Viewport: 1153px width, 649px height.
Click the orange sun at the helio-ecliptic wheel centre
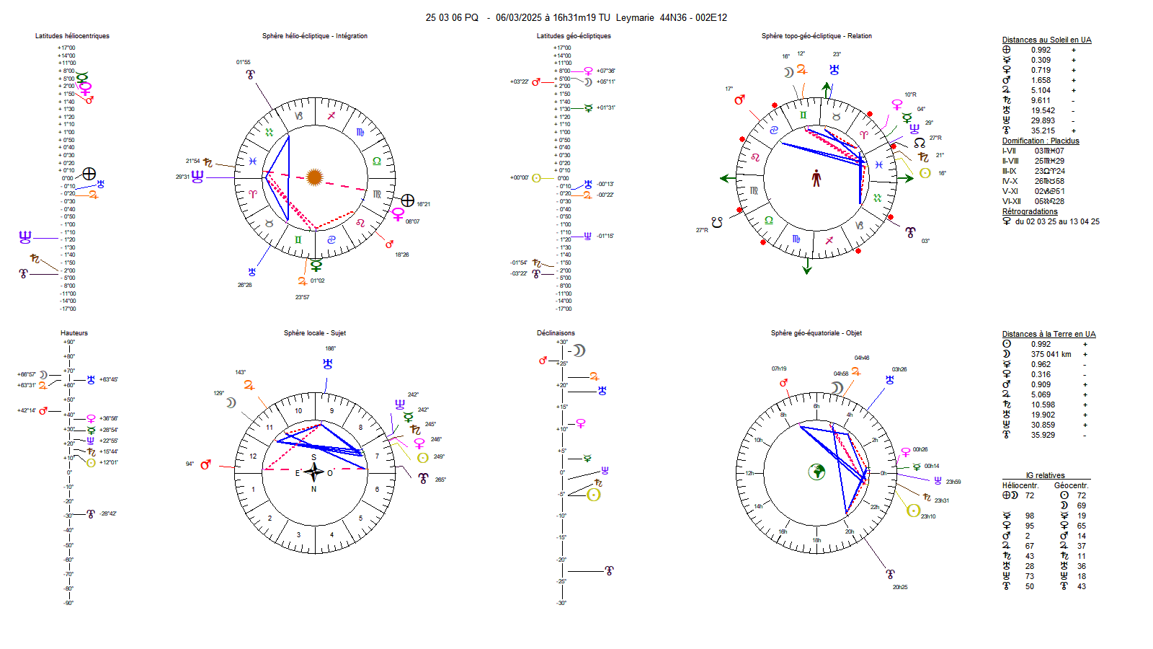pyautogui.click(x=314, y=177)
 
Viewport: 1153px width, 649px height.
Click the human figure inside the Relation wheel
pyautogui.click(x=816, y=178)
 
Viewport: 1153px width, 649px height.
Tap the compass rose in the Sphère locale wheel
pyautogui.click(x=313, y=472)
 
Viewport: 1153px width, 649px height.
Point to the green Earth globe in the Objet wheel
pyautogui.click(x=816, y=472)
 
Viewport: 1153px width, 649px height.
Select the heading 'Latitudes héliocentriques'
pyautogui.click(x=72, y=36)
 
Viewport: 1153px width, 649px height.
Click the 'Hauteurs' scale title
pyautogui.click(x=74, y=333)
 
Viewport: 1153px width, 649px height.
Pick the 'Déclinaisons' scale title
pyautogui.click(x=556, y=333)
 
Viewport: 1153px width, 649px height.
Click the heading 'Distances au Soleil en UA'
pyautogui.click(x=1046, y=40)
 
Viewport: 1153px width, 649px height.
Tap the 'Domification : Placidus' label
pyautogui.click(x=1041, y=141)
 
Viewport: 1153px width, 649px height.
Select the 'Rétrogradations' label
pyautogui.click(x=1030, y=212)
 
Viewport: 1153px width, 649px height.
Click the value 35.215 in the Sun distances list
pyautogui.click(x=1042, y=131)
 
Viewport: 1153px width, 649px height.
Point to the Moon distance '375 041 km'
pyautogui.click(x=1051, y=355)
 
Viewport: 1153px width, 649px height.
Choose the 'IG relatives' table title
pyautogui.click(x=1045, y=476)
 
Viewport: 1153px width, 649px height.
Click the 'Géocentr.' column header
pyautogui.click(x=1071, y=486)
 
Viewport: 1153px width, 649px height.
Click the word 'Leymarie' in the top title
pyautogui.click(x=635, y=18)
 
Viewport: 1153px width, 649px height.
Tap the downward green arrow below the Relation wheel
pyautogui.click(x=807, y=268)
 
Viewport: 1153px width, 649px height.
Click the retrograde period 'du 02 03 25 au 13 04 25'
pyautogui.click(x=1057, y=222)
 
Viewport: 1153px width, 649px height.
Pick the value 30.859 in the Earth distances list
pyautogui.click(x=1042, y=425)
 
